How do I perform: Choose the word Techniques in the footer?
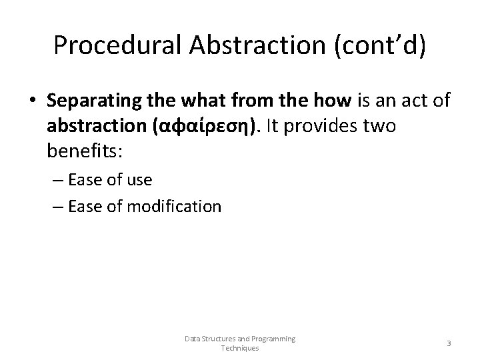(239, 348)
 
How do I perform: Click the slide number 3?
(448, 343)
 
